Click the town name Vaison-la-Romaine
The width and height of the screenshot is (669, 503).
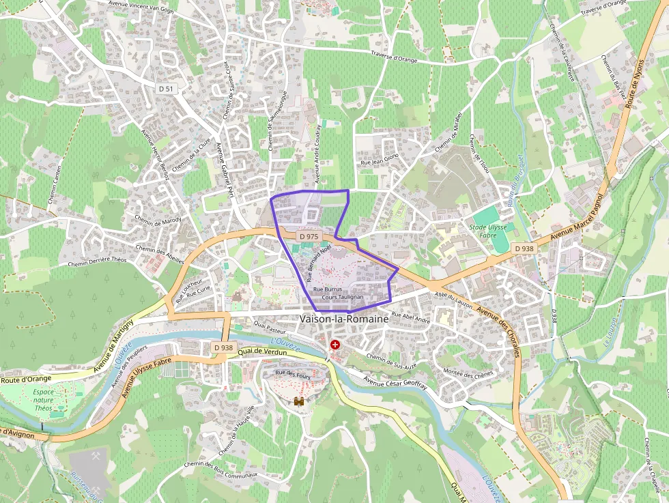click(343, 319)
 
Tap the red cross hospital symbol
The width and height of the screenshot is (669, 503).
click(334, 345)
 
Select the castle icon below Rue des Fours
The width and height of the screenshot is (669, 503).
click(298, 403)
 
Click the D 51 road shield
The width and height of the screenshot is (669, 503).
click(166, 89)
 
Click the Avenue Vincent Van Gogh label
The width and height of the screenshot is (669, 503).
click(142, 3)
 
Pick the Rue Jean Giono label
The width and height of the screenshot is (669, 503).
click(380, 160)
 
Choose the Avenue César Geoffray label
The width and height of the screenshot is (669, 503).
click(395, 382)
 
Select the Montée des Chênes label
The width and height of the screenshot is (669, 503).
click(468, 374)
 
